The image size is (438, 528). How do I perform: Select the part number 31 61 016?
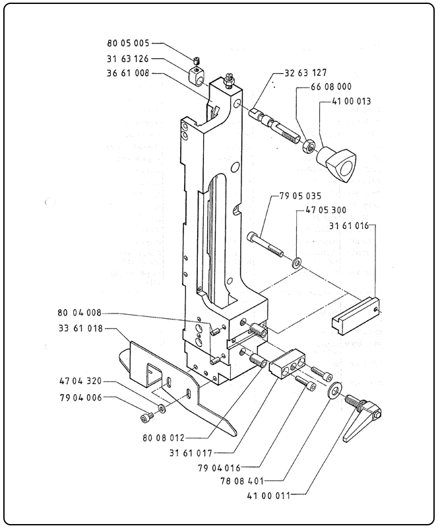(350, 225)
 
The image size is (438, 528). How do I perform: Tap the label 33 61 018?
(80, 328)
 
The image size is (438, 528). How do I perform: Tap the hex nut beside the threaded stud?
(307, 146)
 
